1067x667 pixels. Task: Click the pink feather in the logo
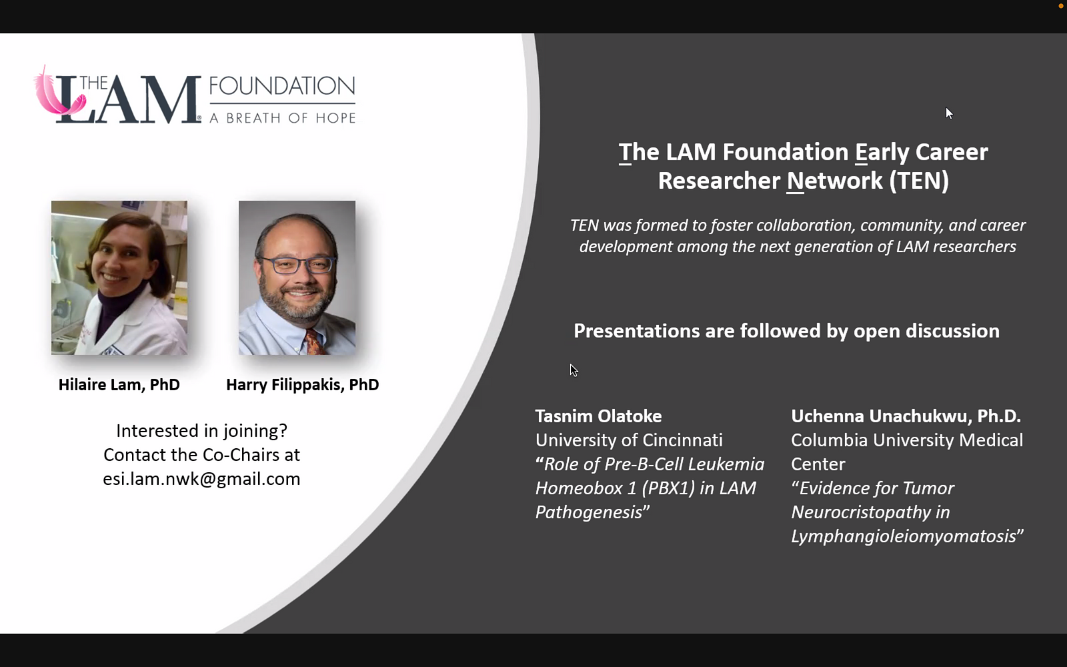pos(55,95)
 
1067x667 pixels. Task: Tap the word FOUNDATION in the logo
pos(282,86)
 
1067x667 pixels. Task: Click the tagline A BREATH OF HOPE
pos(283,118)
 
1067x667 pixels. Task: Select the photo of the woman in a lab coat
pos(119,277)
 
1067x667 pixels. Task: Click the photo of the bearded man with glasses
pos(297,277)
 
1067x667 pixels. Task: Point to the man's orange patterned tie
pos(314,342)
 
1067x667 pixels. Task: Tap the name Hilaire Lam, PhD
pos(119,384)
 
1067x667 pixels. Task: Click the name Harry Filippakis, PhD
pos(303,384)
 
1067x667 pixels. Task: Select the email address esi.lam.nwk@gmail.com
pos(201,479)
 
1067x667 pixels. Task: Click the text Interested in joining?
pos(201,431)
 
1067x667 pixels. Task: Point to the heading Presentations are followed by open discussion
pos(786,331)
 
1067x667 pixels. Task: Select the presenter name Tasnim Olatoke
pos(598,416)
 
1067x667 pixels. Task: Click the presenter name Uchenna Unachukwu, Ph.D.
pos(906,416)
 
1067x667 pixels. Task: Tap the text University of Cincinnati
pos(629,440)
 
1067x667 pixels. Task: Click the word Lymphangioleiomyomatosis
pos(904,536)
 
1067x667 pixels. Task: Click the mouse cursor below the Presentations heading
pos(574,370)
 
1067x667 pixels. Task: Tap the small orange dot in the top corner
pos(1061,6)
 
